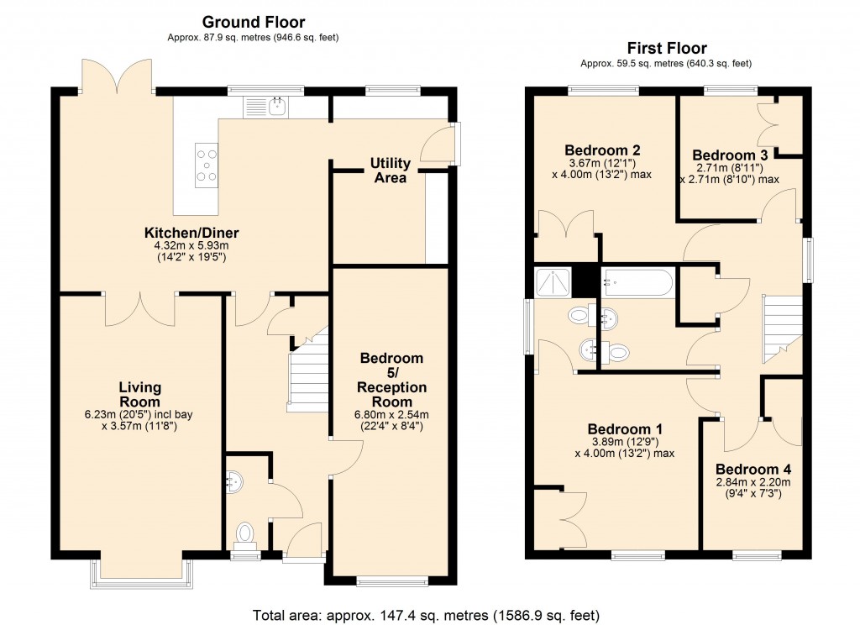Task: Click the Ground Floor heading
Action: [x=253, y=23]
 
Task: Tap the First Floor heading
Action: [x=667, y=49]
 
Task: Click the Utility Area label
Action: [x=390, y=171]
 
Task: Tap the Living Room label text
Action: [x=139, y=395]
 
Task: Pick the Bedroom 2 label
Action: [x=603, y=150]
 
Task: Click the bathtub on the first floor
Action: [x=637, y=281]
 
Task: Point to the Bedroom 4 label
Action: [x=753, y=469]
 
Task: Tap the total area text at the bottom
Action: [x=427, y=614]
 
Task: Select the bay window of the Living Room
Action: [x=139, y=574]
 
